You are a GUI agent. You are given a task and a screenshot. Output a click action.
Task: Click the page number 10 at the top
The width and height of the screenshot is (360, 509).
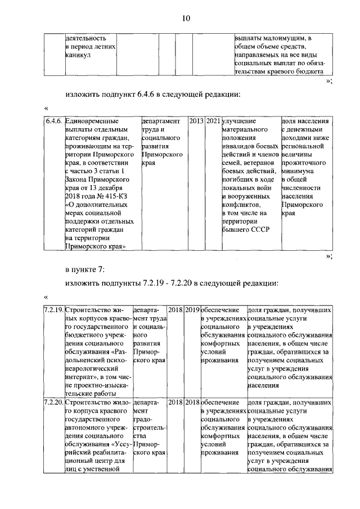(x=186, y=19)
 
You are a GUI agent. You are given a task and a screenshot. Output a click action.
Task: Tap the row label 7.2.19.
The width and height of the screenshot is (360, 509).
(x=54, y=310)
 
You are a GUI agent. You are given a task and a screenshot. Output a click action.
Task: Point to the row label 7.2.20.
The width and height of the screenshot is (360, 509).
(x=54, y=403)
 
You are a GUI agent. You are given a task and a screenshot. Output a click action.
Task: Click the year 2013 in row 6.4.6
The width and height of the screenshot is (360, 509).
(x=196, y=121)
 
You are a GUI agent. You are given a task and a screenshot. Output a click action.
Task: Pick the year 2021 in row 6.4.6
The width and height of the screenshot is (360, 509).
(x=213, y=121)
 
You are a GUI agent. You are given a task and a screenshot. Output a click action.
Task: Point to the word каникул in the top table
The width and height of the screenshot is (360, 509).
(x=78, y=55)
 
